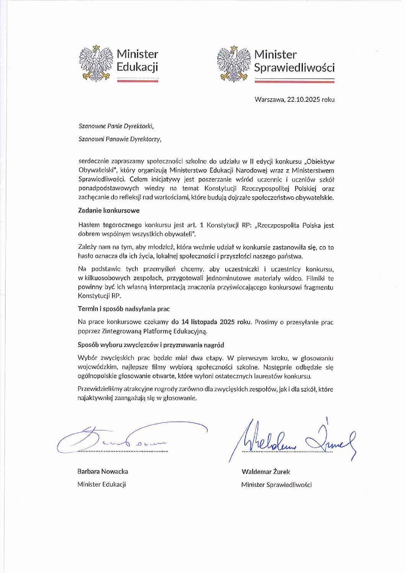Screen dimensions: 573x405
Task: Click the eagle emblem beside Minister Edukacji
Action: (x=96, y=63)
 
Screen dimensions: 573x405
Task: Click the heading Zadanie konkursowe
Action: (x=109, y=211)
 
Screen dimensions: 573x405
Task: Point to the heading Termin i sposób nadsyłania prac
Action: (x=124, y=309)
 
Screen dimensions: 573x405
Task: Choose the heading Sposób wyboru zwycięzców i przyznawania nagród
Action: (x=151, y=345)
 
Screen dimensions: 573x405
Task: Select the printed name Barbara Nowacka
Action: (x=102, y=471)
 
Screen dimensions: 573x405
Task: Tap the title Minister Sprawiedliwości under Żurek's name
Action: (x=276, y=485)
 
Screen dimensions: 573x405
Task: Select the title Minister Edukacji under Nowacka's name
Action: (x=101, y=484)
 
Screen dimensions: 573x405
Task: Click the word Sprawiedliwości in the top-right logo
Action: (x=294, y=68)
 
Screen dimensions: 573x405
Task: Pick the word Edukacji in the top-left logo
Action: (x=137, y=68)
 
